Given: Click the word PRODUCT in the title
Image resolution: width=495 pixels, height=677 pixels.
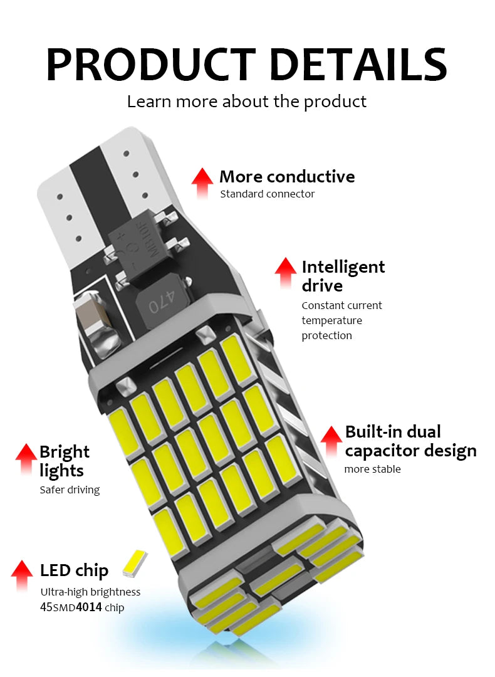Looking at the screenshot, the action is point(150,65).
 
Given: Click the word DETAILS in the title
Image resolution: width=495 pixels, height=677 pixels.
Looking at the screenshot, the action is point(358,65).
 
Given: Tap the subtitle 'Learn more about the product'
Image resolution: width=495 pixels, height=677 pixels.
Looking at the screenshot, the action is point(246,102).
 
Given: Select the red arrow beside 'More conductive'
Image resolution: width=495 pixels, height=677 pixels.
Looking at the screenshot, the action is point(202,183).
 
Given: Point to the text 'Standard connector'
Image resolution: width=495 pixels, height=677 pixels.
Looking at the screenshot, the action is point(267,194).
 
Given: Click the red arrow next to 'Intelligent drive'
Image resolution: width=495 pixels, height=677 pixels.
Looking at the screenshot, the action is point(285,273).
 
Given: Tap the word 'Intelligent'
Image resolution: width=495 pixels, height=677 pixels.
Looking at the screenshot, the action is point(343,267).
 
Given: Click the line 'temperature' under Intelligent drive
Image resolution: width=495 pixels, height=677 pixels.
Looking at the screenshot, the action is point(331,320).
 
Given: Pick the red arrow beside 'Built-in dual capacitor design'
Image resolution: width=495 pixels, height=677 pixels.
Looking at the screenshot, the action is point(331,441).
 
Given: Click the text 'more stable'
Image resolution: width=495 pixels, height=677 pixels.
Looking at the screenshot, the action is point(372,469).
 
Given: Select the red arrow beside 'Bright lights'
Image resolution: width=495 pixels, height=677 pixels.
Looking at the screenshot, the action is point(26,459).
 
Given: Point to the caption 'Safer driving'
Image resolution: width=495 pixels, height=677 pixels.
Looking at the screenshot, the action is point(70,490).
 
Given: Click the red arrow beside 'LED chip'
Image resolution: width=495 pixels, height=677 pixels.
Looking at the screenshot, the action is point(22,576).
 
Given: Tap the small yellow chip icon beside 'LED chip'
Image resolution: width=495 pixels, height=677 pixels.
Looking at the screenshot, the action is point(135,564).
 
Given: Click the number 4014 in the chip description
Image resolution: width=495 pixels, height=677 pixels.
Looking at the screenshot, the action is point(89,607).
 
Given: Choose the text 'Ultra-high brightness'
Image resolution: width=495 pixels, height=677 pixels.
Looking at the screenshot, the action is point(90,592).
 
